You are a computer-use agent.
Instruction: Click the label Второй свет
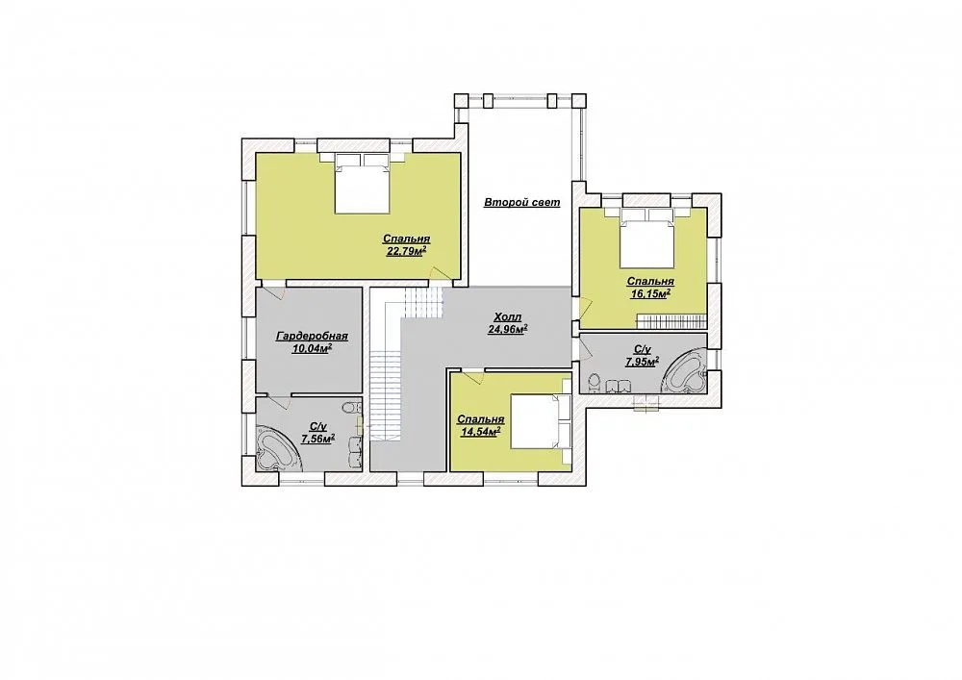click(521, 202)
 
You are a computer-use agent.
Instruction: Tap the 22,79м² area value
click(406, 251)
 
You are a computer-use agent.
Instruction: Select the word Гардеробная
click(313, 336)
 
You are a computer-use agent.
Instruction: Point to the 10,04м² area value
click(313, 348)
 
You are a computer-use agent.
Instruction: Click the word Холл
click(507, 317)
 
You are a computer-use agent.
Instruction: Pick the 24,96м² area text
click(507, 329)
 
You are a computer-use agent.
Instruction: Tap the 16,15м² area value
click(650, 293)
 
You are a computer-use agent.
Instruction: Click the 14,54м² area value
click(480, 431)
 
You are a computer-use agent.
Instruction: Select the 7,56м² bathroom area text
click(317, 438)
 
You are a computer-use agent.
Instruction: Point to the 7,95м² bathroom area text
click(642, 362)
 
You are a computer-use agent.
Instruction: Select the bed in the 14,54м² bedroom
click(541, 421)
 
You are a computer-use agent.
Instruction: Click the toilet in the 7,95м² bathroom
click(594, 383)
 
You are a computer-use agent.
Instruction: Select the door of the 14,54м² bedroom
click(473, 376)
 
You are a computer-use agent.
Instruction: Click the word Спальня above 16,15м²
click(650, 282)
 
